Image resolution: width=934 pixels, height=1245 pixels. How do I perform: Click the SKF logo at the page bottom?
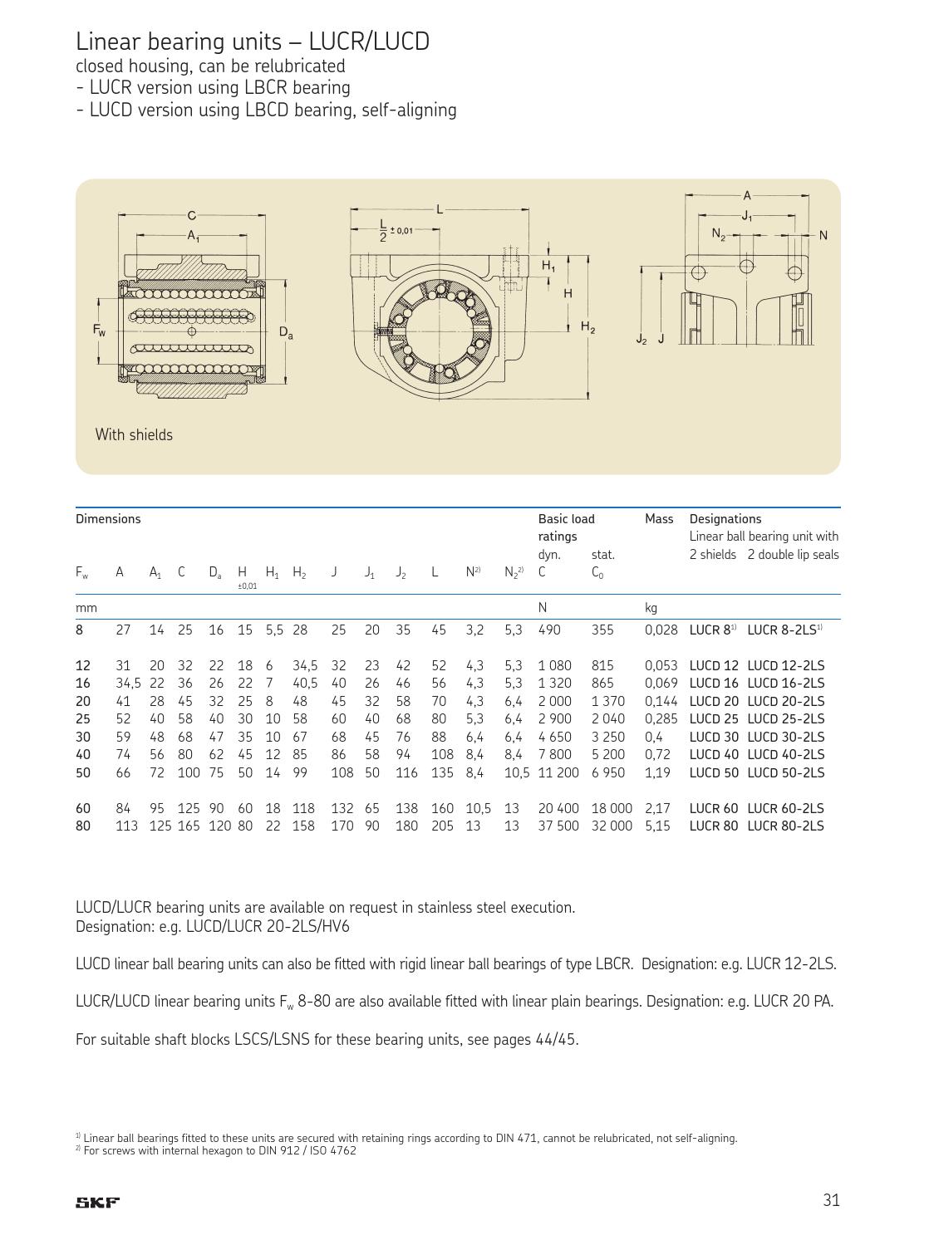(x=98, y=1202)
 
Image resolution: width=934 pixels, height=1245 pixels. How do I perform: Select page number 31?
(x=831, y=1199)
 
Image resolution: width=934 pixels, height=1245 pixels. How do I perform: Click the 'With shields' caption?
(x=134, y=434)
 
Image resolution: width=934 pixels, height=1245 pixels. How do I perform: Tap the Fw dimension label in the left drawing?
(x=99, y=330)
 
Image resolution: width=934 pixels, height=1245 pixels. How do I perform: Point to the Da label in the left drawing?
(x=285, y=332)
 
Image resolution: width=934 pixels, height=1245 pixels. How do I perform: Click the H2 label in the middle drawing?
(x=587, y=327)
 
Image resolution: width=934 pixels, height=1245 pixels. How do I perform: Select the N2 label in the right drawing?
(x=718, y=234)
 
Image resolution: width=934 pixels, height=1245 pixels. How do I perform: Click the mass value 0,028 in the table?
(x=661, y=630)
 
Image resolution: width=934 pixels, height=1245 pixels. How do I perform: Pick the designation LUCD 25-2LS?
(x=785, y=718)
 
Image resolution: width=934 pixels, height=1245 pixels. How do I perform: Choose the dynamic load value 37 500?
(x=558, y=826)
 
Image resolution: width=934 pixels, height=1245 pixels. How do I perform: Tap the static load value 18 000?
(x=611, y=808)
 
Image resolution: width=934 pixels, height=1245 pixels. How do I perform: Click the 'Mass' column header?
(x=659, y=519)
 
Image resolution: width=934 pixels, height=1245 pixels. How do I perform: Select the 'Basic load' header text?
(x=566, y=519)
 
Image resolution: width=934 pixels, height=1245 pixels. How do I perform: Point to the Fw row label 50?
(x=83, y=772)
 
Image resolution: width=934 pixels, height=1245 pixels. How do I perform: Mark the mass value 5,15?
(x=656, y=826)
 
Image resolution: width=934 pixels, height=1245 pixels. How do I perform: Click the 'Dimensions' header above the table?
(x=108, y=519)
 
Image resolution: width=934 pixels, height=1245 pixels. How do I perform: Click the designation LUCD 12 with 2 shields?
(x=713, y=665)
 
